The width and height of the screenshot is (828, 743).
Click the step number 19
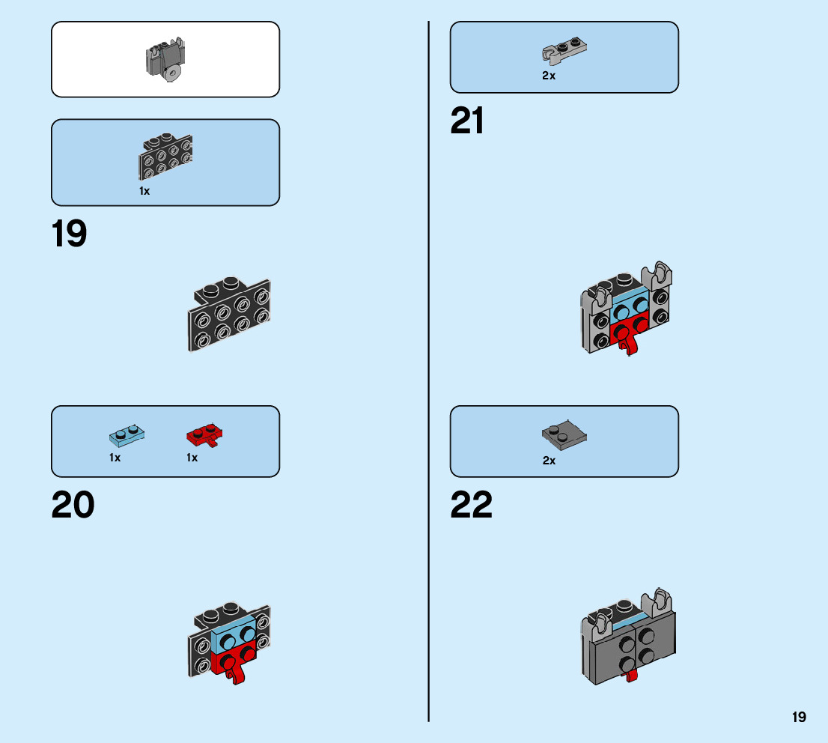pyautogui.click(x=69, y=234)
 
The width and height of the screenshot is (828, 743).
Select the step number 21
pyautogui.click(x=467, y=121)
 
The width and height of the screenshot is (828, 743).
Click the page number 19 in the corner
pyautogui.click(x=799, y=718)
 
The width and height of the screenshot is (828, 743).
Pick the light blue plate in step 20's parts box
pyautogui.click(x=127, y=434)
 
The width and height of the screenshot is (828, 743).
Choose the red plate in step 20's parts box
pyautogui.click(x=204, y=434)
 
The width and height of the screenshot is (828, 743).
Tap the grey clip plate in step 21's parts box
pyautogui.click(x=563, y=50)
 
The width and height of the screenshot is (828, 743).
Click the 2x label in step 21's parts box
pyautogui.click(x=549, y=76)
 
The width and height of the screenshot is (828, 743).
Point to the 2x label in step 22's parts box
pyautogui.click(x=549, y=461)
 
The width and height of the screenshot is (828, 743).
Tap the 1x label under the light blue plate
pyautogui.click(x=115, y=458)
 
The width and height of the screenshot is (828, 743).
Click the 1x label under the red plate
pyautogui.click(x=192, y=458)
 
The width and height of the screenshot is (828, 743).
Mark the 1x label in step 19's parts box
pyautogui.click(x=144, y=191)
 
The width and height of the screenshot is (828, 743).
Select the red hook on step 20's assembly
pyautogui.click(x=237, y=676)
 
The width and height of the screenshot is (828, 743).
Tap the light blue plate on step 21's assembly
pyautogui.click(x=629, y=306)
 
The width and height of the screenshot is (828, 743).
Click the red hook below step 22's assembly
pyautogui.click(x=632, y=676)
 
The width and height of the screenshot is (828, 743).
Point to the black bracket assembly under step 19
pyautogui.click(x=228, y=314)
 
